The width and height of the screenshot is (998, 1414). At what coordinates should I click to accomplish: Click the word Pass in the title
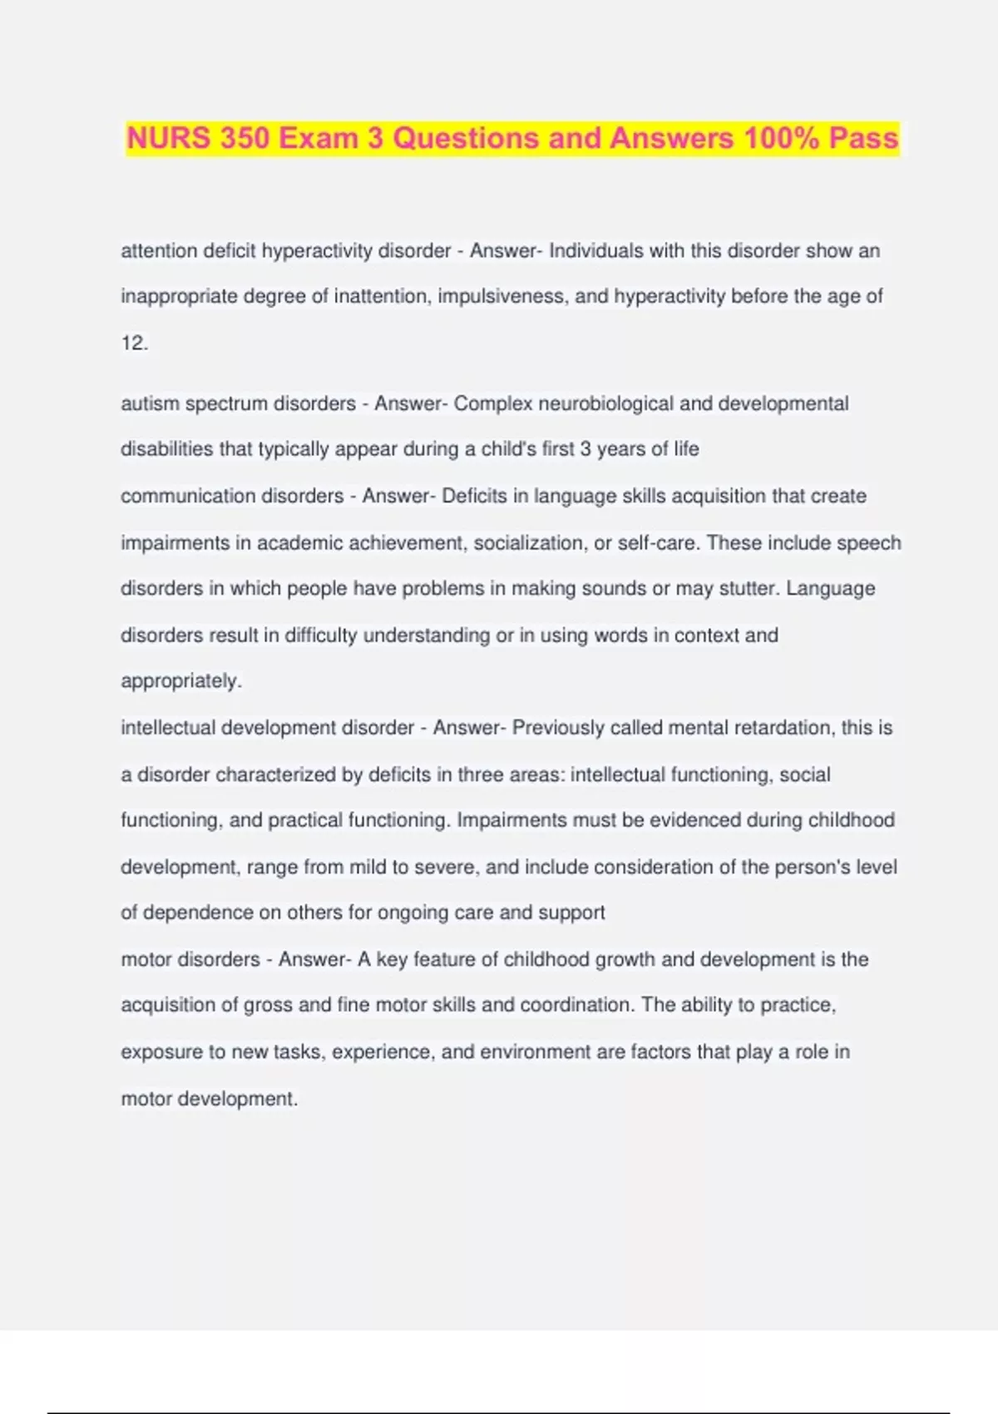coord(864,138)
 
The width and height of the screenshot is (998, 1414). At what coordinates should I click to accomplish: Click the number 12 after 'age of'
coord(132,343)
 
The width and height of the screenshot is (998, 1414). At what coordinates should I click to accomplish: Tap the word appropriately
coord(180,681)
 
